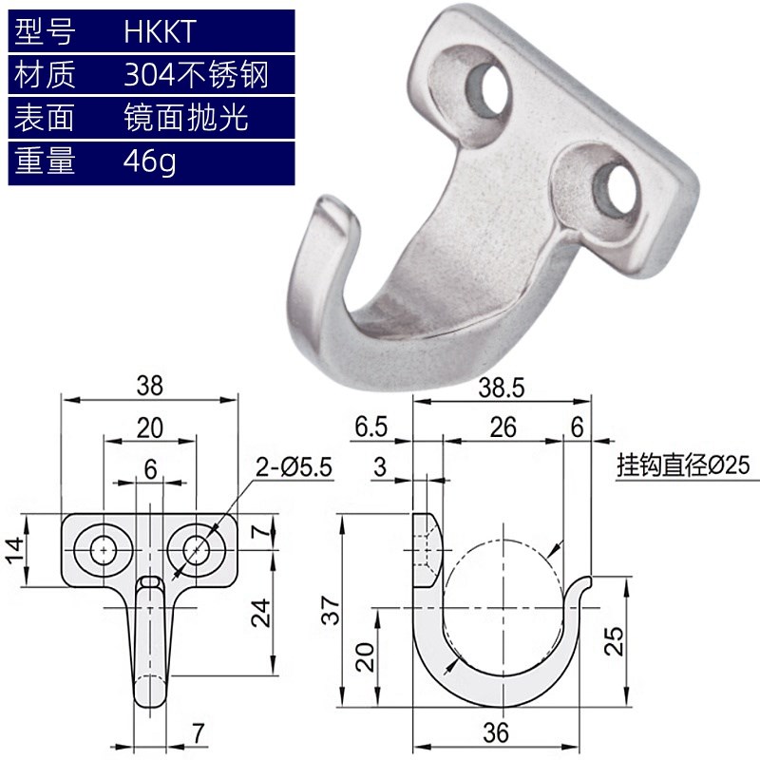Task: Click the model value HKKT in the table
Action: pyautogui.click(x=159, y=31)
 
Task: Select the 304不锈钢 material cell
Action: pyautogui.click(x=196, y=74)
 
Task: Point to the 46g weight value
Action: pyautogui.click(x=149, y=161)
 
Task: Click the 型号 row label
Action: pyautogui.click(x=45, y=31)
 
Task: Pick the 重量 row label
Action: pyautogui.click(x=45, y=161)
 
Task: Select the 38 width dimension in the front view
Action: pyautogui.click(x=150, y=385)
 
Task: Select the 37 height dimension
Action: pyautogui.click(x=328, y=615)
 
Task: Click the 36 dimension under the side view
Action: pyautogui.click(x=495, y=732)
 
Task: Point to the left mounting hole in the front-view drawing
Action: pyautogui.click(x=102, y=548)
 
